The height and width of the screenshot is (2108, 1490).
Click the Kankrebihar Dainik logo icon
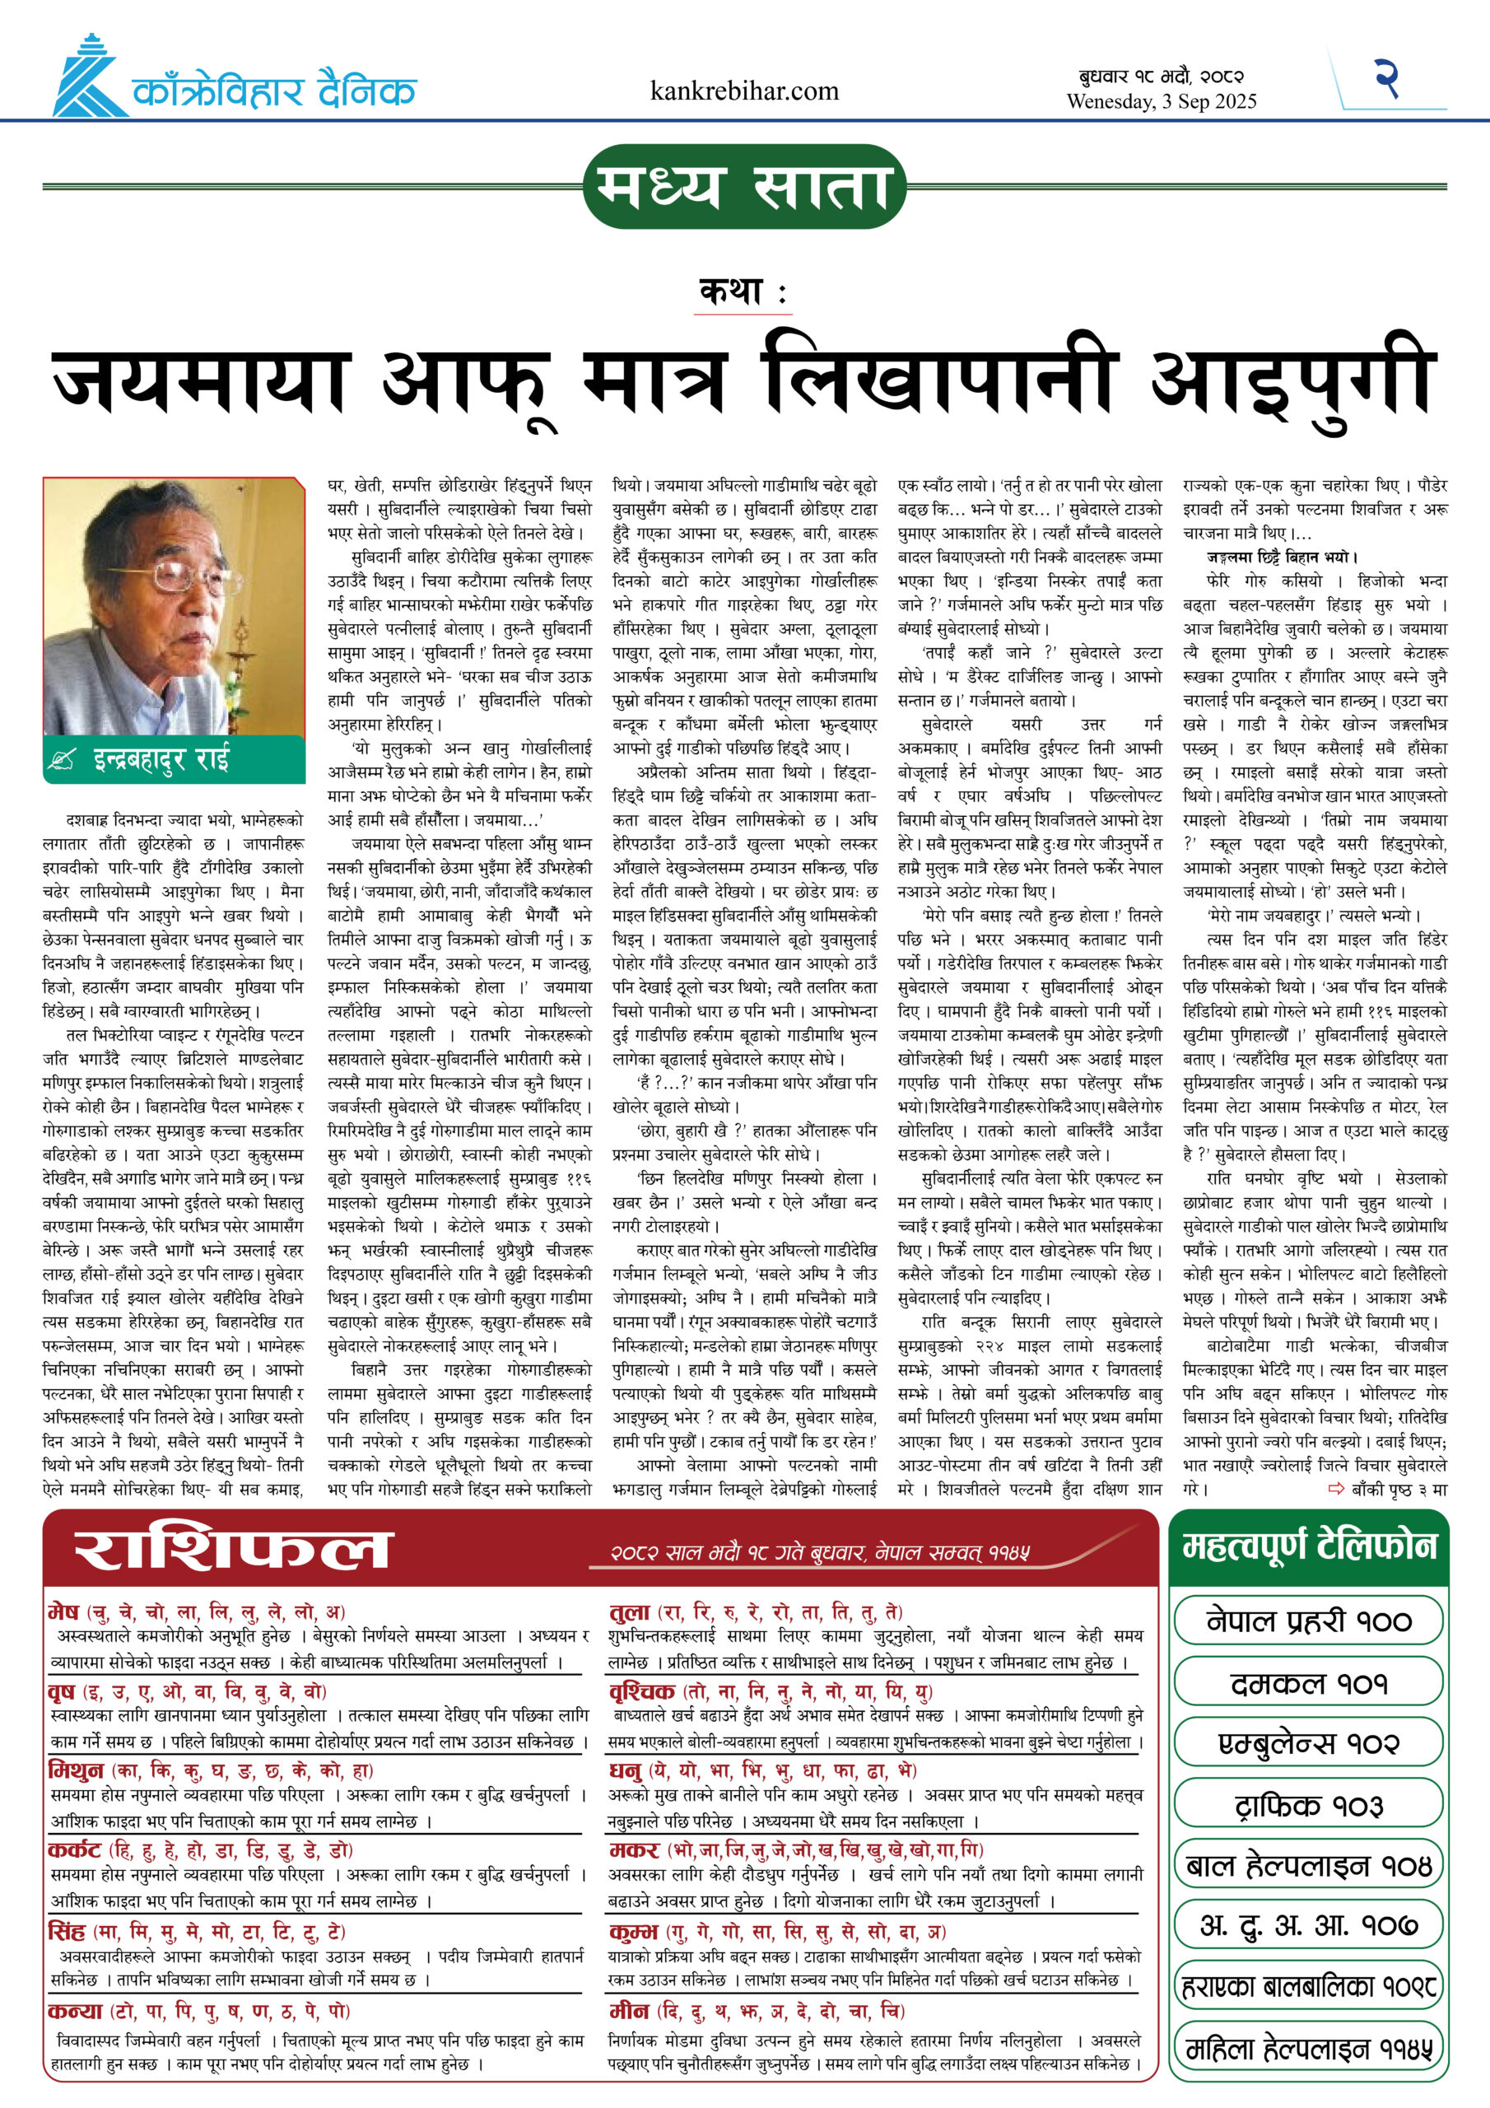coord(88,77)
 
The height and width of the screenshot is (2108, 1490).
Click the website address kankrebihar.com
coord(743,91)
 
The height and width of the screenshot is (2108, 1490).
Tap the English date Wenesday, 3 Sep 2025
coord(1161,102)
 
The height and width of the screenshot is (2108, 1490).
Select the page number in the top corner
coord(1385,77)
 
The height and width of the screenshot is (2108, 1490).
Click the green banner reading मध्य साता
coord(744,186)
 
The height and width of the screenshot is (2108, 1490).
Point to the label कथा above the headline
coord(742,293)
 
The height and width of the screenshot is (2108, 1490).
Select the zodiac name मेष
coord(63,1611)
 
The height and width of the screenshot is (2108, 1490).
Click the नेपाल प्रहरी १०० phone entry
coord(1308,1621)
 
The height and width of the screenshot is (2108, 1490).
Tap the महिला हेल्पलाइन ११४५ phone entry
coord(1308,2049)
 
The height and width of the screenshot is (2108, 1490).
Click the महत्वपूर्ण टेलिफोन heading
coord(1308,1547)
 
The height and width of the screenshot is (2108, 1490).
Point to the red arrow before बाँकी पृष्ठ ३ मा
coord(1337,1488)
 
